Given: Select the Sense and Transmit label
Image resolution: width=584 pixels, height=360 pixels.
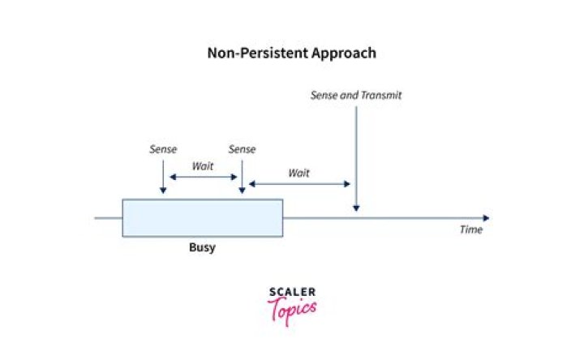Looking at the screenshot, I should [x=355, y=95].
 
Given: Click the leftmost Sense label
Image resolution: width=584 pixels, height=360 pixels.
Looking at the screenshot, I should [x=163, y=149].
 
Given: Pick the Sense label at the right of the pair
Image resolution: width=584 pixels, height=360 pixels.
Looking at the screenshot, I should [x=242, y=149].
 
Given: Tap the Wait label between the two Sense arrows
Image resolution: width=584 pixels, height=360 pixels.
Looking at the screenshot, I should [x=203, y=166].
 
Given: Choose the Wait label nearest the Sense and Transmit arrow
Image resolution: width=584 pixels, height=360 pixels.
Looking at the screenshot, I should [x=298, y=173].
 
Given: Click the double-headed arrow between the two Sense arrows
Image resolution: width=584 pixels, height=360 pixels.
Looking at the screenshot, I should [x=203, y=177].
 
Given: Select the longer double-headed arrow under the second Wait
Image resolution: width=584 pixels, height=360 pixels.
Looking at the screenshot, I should [x=298, y=184].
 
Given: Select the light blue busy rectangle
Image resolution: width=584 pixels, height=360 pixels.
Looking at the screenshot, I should [x=202, y=217].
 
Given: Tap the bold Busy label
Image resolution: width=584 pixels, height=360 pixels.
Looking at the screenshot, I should [x=202, y=247].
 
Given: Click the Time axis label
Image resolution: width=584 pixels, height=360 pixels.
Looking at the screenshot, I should [x=471, y=230].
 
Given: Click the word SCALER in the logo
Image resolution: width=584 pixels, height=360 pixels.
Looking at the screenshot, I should [x=292, y=292].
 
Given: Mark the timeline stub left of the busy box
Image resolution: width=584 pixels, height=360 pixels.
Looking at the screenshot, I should [x=108, y=217].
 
